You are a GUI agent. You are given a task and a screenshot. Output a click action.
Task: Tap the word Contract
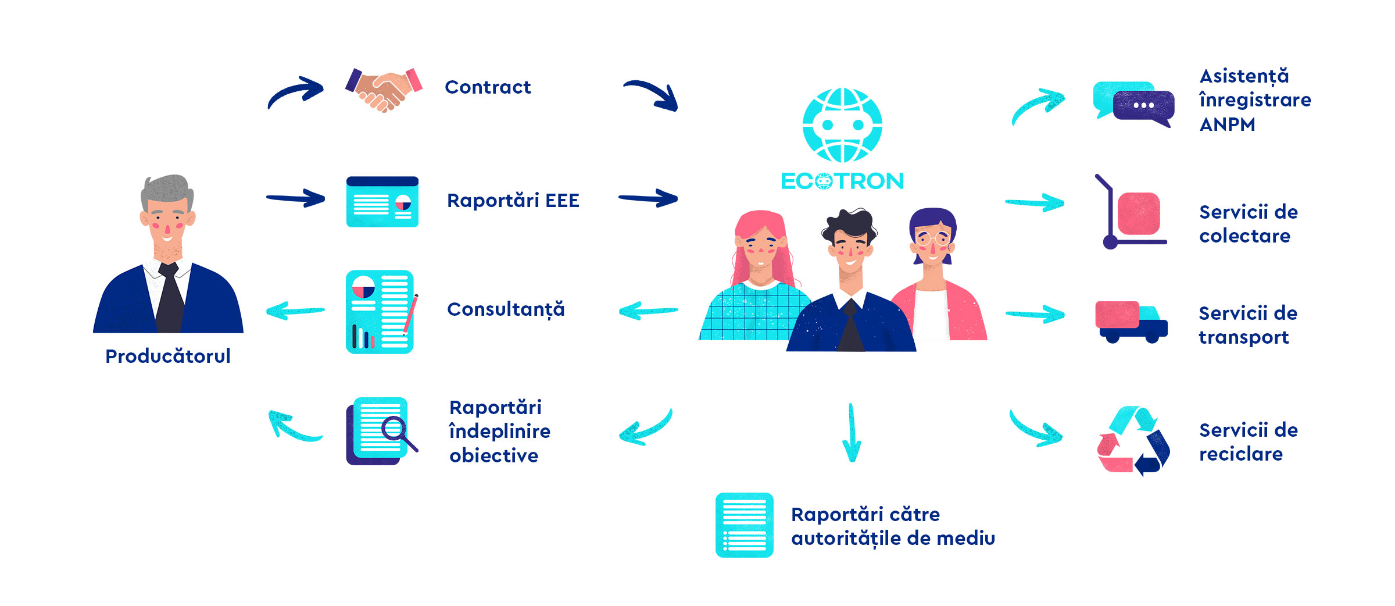pyautogui.click(x=488, y=87)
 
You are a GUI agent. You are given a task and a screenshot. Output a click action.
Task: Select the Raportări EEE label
pyautogui.click(x=513, y=200)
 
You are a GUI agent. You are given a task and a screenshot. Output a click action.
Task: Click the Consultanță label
pyautogui.click(x=506, y=309)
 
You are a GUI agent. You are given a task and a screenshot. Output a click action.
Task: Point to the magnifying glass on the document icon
pyautogui.click(x=398, y=433)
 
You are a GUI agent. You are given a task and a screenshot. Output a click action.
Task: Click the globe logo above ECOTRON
pyautogui.click(x=842, y=125)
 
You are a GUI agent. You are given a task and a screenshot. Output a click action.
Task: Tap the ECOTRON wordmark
pyautogui.click(x=842, y=181)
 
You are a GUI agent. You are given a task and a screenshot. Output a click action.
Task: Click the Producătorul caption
pyautogui.click(x=168, y=356)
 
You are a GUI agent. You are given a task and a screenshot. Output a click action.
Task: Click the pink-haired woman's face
pyautogui.click(x=760, y=247)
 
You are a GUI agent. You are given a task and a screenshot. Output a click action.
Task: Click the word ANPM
pyautogui.click(x=1227, y=124)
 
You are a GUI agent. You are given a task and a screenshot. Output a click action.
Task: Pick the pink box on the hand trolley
pyautogui.click(x=1139, y=214)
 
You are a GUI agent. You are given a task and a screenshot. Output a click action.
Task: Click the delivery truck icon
pyautogui.click(x=1131, y=322)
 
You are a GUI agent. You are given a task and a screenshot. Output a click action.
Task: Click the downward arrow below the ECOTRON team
pyautogui.click(x=852, y=433)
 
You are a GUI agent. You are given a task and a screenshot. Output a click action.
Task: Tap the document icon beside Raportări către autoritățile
pyautogui.click(x=745, y=525)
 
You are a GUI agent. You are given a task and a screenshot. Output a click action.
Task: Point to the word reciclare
pyautogui.click(x=1241, y=454)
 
